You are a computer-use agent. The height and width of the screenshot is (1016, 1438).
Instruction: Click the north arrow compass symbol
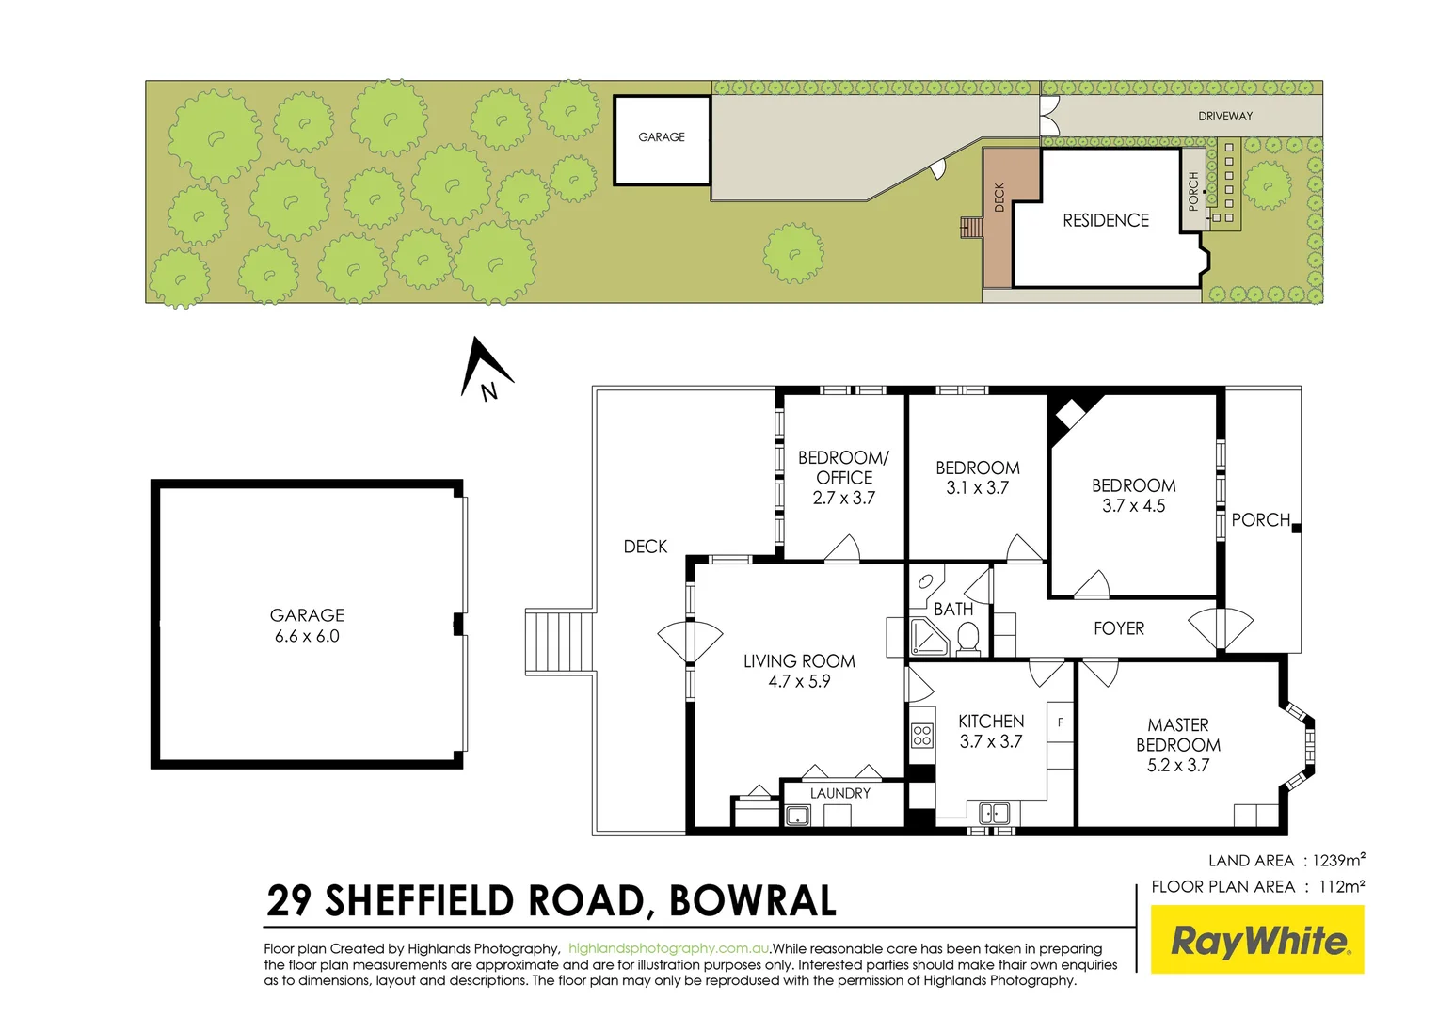(485, 369)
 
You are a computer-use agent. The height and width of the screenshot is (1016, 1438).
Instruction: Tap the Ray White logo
(1257, 940)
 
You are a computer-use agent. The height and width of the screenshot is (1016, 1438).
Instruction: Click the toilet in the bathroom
(967, 639)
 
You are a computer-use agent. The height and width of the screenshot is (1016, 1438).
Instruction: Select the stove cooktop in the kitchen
(922, 735)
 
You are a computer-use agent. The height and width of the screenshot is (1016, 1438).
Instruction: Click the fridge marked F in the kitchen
(1061, 722)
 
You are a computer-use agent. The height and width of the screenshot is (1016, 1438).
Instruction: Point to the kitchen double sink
(994, 812)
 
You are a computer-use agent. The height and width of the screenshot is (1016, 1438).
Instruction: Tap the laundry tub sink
(797, 815)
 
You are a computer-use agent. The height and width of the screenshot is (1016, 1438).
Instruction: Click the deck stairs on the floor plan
(559, 642)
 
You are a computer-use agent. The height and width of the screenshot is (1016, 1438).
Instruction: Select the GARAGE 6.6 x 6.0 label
(307, 626)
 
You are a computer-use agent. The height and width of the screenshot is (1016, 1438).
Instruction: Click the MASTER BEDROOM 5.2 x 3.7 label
(1178, 745)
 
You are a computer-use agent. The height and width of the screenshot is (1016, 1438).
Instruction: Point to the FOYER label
(1119, 628)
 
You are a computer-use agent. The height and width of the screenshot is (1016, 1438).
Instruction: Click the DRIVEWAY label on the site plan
(1225, 117)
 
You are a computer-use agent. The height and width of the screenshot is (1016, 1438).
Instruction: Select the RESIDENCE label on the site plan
(1106, 221)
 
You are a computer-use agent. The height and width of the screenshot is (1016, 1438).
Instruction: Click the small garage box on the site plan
(662, 139)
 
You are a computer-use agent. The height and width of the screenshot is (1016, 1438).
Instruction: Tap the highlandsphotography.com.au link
(669, 948)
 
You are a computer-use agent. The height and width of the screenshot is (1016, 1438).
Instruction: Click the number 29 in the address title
(290, 900)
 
